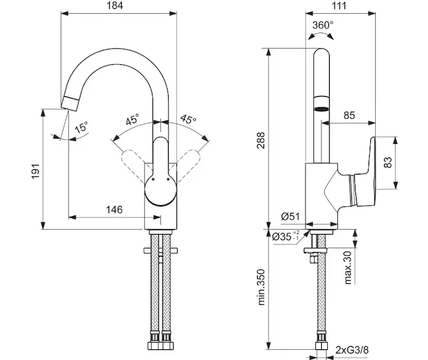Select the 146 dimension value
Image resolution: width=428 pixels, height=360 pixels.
click(114, 209)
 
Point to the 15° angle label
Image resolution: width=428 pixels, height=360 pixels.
click(81, 128)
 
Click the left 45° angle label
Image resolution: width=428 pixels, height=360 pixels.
click(132, 119)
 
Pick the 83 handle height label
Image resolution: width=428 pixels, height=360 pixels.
click(388, 162)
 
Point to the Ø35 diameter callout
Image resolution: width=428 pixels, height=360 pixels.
click(285, 237)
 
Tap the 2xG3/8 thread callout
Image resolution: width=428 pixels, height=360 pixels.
click(352, 349)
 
